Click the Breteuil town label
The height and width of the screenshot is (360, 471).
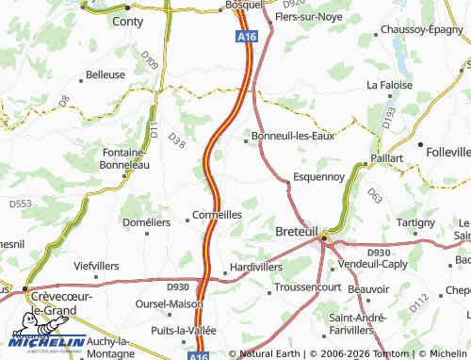pyautogui.click(x=299, y=231)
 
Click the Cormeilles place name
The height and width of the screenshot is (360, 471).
pyautogui.click(x=217, y=215)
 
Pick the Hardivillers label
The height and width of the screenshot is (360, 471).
pyautogui.click(x=256, y=267)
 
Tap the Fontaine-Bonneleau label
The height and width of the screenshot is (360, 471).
pyautogui.click(x=125, y=157)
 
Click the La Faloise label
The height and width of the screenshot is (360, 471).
pyautogui.click(x=384, y=85)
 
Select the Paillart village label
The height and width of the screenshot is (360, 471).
pyautogui.click(x=387, y=157)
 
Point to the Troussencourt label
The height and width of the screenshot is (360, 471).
pyautogui.click(x=312, y=286)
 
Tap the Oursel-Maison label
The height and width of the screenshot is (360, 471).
pyautogui.click(x=170, y=303)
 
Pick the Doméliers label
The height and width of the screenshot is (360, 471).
pyautogui.click(x=147, y=222)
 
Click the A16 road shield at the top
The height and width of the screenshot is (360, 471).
pyautogui.click(x=246, y=36)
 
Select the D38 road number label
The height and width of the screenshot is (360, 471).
pyautogui.click(x=176, y=139)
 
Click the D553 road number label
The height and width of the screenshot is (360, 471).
pyautogui.click(x=21, y=203)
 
